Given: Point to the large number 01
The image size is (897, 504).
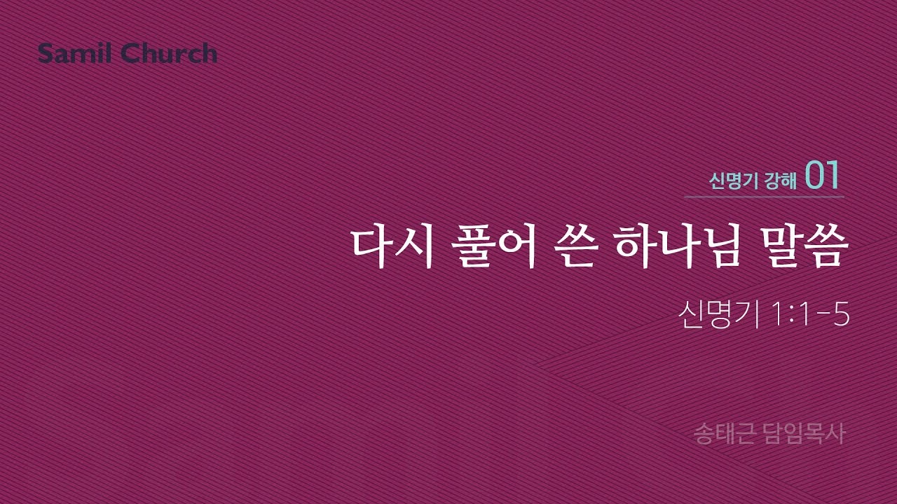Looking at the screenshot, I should coord(822,176).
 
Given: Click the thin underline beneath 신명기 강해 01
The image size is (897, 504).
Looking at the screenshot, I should coord(764,197).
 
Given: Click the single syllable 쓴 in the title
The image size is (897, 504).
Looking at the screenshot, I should coord(575,246).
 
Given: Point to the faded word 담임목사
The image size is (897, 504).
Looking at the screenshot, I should coord(806,433).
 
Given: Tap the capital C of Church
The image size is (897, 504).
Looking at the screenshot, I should coord(130,53).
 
